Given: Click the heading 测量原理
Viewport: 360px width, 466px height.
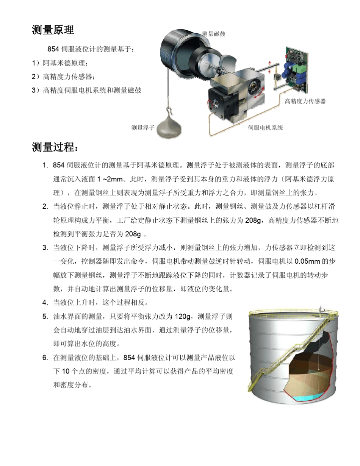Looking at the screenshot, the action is click(x=53, y=30).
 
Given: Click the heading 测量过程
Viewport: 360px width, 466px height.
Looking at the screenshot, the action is click(x=55, y=147).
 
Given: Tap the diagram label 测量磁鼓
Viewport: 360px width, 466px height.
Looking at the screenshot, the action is click(x=214, y=34).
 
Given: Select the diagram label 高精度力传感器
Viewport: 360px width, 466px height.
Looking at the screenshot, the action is click(x=305, y=101).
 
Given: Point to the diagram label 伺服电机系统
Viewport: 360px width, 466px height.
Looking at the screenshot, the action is click(x=265, y=128).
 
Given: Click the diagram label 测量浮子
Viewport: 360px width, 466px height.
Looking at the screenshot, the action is click(x=143, y=128).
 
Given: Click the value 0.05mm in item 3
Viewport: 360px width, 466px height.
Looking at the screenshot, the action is click(x=307, y=261).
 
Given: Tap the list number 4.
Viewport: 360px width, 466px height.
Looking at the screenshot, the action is click(x=45, y=303).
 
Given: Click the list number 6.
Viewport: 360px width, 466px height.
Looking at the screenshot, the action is click(x=45, y=358).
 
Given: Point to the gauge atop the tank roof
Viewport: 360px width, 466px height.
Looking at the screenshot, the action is click(x=321, y=309).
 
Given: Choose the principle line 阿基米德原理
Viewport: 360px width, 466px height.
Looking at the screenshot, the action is click(x=64, y=63).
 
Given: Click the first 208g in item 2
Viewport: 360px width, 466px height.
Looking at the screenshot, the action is click(x=253, y=220).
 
